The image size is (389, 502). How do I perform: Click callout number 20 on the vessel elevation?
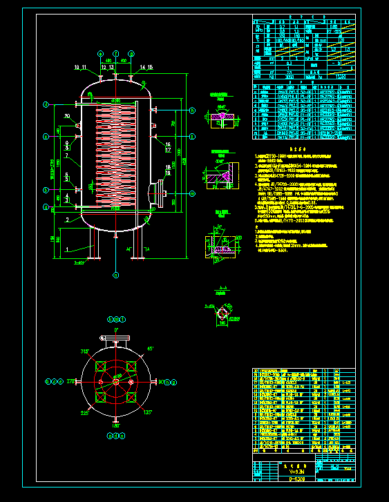[x=68, y=116]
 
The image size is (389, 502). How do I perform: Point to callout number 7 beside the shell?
[x=67, y=157]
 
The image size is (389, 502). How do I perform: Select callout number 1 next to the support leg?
[x=67, y=248]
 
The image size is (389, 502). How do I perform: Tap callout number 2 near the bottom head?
[x=67, y=219]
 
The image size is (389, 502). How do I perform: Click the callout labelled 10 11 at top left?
[x=80, y=67]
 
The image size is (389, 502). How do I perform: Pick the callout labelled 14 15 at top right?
[x=146, y=67]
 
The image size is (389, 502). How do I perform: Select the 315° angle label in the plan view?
[x=85, y=351]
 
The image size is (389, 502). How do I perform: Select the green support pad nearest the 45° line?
[x=131, y=366]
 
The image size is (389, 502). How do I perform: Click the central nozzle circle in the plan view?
[x=116, y=381]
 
